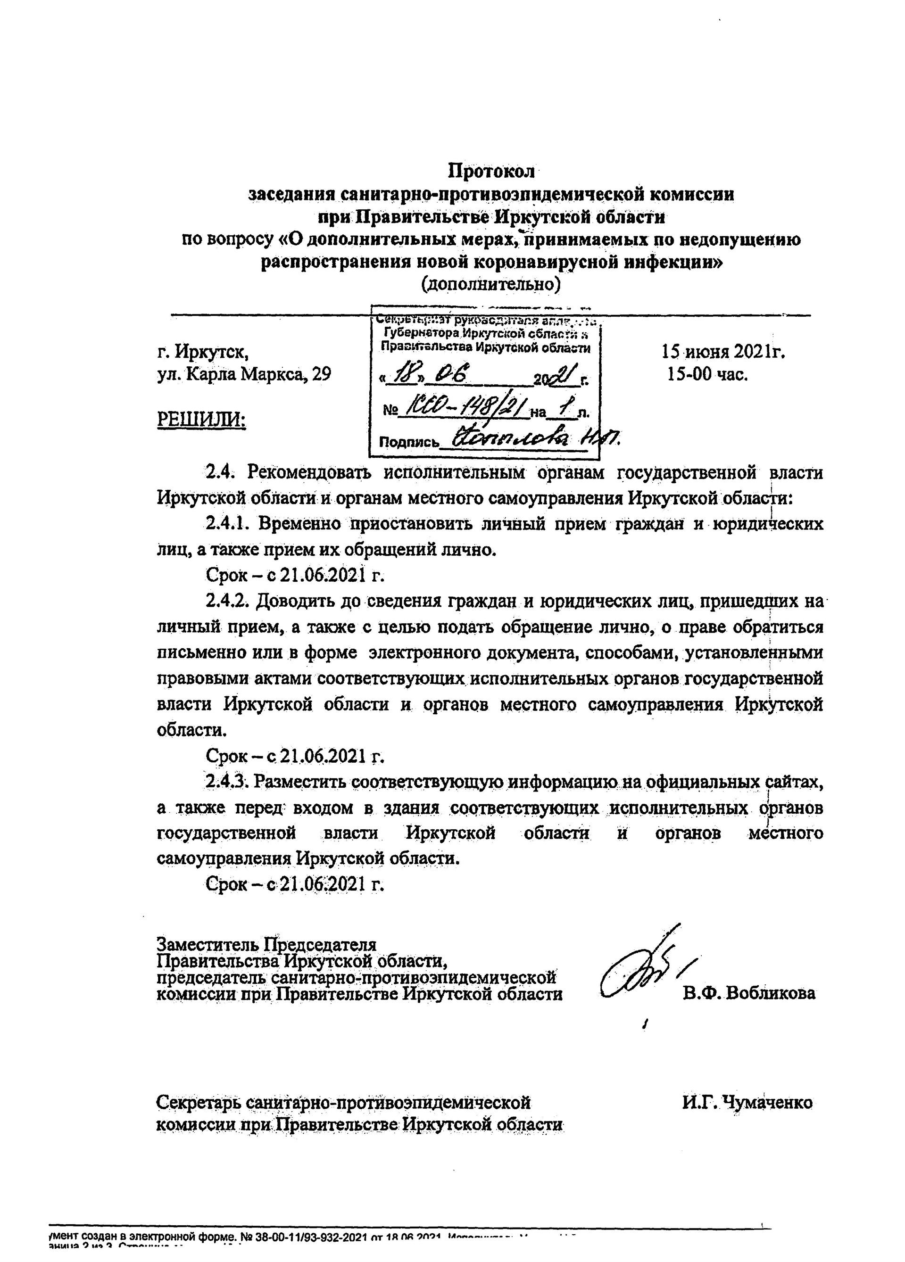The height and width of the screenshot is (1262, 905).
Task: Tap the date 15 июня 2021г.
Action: pos(722,352)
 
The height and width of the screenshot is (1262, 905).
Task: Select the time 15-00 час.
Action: pos(707,374)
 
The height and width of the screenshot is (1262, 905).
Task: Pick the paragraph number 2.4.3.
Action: pos(228,781)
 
